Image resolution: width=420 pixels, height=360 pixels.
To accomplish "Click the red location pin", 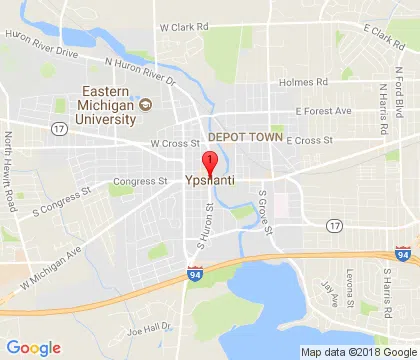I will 210,164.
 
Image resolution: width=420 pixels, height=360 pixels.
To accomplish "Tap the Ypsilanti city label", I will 210,182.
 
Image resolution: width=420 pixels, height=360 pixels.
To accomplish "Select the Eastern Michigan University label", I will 107,111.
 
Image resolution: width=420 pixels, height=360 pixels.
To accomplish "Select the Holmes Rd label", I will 305,82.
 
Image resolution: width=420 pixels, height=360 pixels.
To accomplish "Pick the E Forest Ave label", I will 323,111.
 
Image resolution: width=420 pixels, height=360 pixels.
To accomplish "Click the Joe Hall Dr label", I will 149,327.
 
